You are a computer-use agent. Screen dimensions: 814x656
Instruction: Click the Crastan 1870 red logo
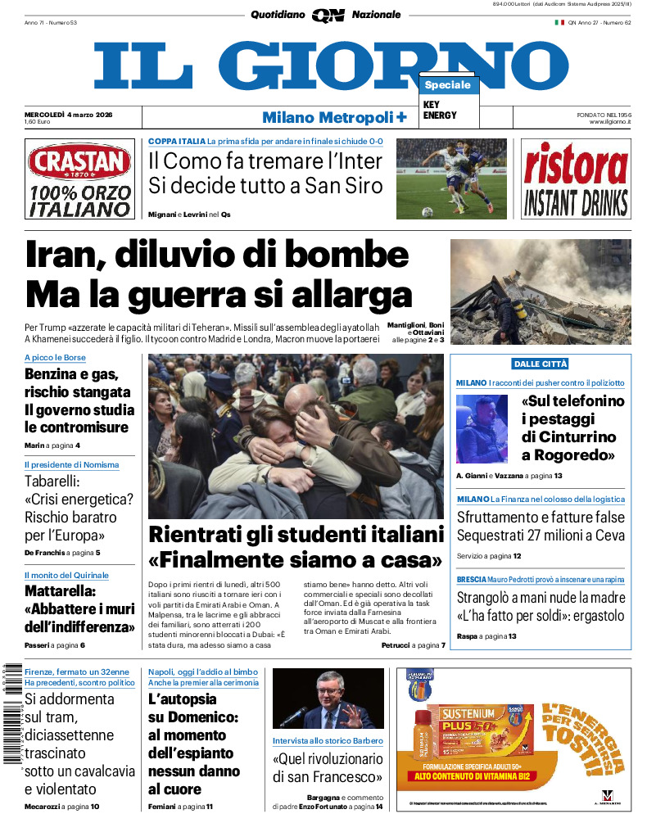(x=79, y=162)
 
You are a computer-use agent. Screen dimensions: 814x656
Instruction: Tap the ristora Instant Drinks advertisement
(x=576, y=179)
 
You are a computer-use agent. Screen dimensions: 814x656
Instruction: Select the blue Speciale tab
(x=448, y=85)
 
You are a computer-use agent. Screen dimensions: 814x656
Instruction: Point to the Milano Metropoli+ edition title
(x=334, y=117)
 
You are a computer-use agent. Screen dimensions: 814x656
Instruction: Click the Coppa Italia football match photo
(x=451, y=179)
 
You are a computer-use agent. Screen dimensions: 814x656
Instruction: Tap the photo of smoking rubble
(x=541, y=291)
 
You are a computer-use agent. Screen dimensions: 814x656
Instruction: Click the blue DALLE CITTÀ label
(x=541, y=364)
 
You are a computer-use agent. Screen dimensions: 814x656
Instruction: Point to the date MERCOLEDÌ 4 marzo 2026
(x=69, y=114)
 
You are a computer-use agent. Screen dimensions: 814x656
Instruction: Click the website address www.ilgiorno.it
(x=608, y=121)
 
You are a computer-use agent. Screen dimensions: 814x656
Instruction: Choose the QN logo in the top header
(x=328, y=15)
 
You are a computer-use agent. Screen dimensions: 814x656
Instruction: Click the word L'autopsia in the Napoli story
(x=183, y=699)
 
